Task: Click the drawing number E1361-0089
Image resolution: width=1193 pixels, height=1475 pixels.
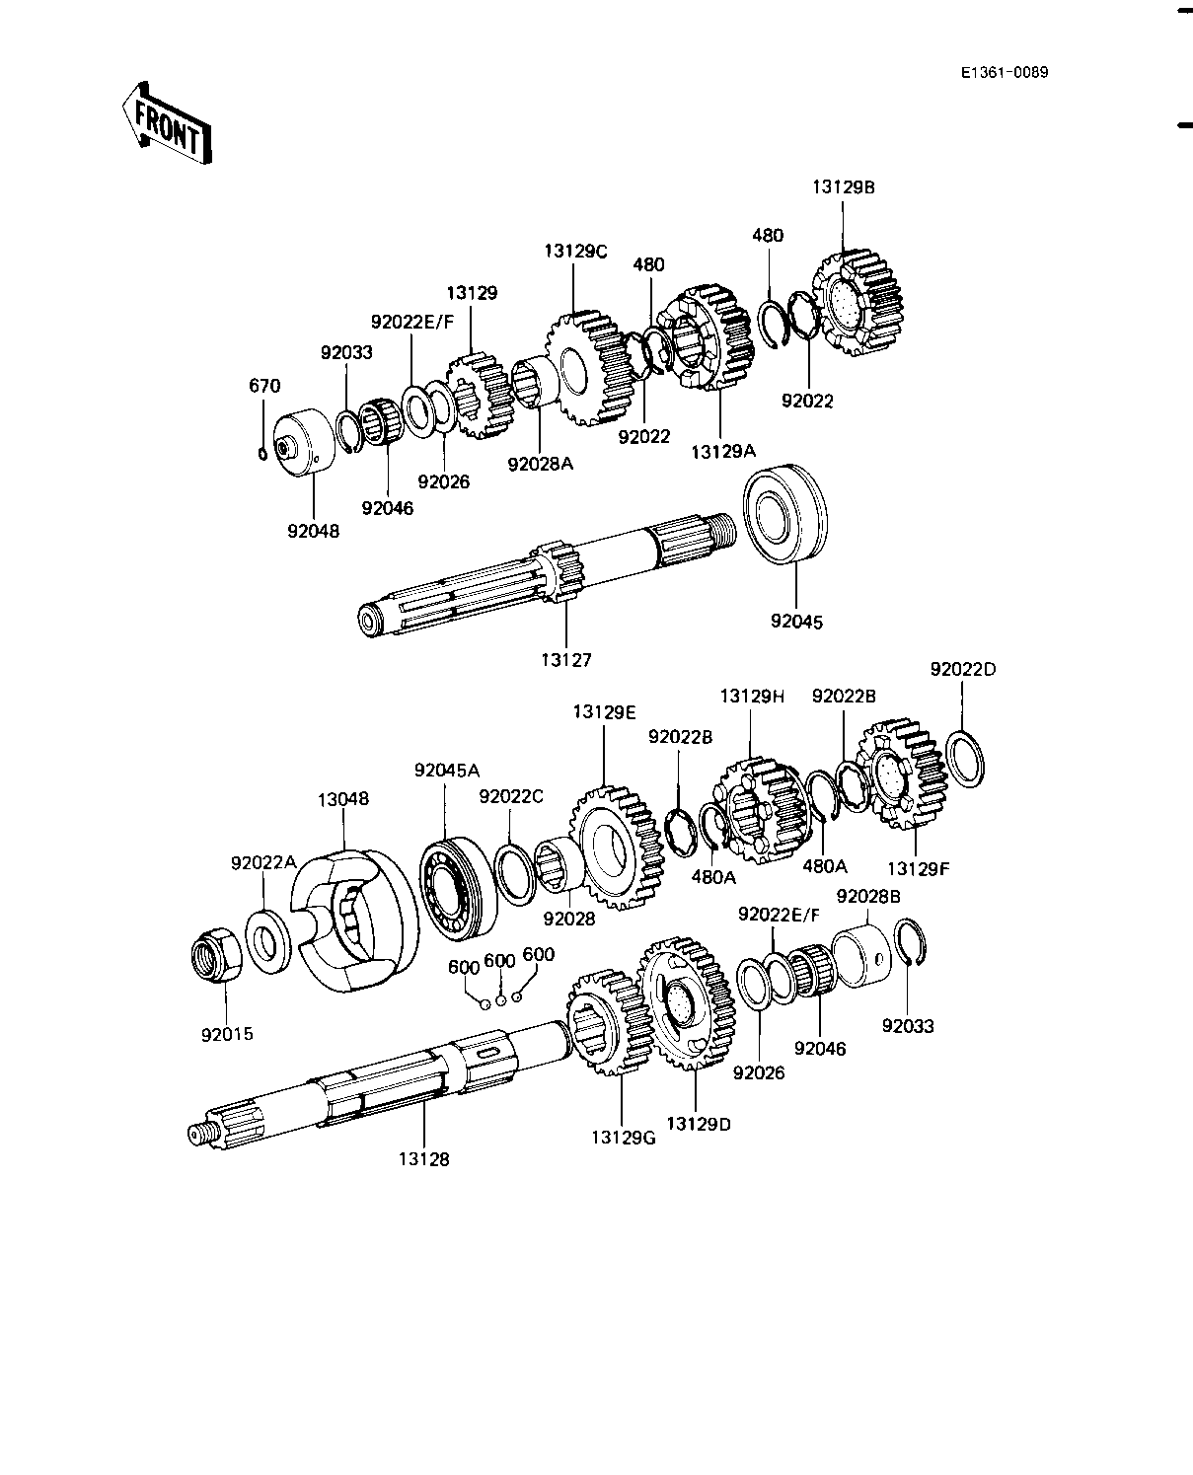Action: coord(1006,72)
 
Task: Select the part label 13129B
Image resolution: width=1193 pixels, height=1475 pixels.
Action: coord(844,186)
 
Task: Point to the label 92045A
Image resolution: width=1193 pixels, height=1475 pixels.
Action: coord(446,771)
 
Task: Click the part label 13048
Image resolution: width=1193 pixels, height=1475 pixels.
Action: coord(343,799)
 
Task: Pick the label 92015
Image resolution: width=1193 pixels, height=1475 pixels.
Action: coord(227,1035)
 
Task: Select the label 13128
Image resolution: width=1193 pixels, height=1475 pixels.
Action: coord(424,1159)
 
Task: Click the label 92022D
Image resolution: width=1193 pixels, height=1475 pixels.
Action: coord(962,669)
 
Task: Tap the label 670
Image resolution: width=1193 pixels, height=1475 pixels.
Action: coord(264,386)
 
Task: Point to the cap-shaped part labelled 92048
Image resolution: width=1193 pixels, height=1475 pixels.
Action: coord(296,449)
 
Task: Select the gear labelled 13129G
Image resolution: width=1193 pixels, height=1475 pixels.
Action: coord(601,1023)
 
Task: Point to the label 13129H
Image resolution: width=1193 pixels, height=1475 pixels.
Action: coord(751,696)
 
